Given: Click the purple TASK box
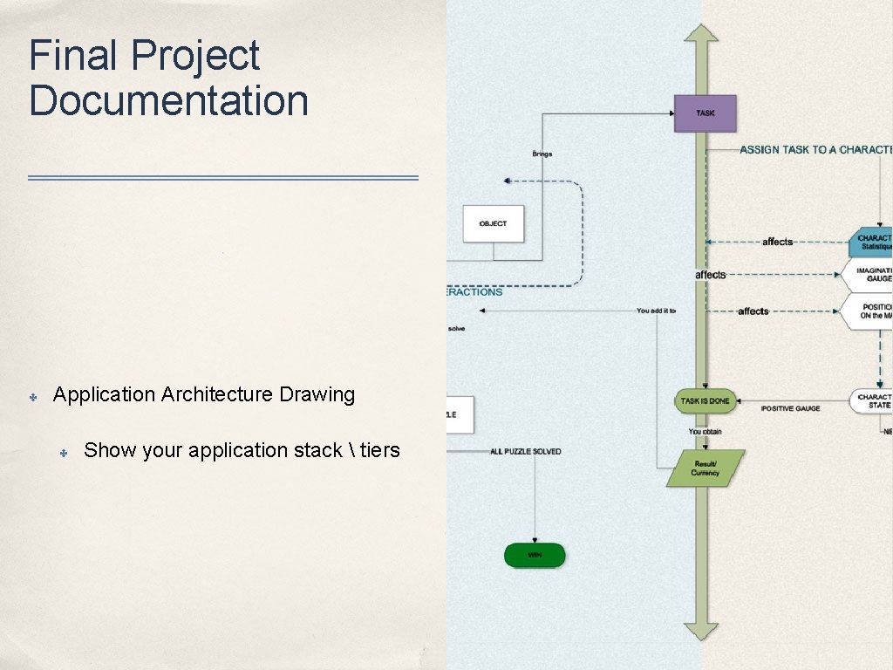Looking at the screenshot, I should (x=705, y=113).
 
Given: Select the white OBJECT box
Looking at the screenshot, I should (x=493, y=223).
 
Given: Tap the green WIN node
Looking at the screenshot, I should (x=534, y=555).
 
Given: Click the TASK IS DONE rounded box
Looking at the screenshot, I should (x=705, y=401).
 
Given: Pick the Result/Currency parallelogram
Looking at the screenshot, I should (x=705, y=468).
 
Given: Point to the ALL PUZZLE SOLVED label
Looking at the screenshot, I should (x=525, y=451).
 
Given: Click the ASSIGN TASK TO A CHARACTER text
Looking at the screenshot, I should (x=815, y=150).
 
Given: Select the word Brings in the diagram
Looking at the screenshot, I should (x=542, y=154).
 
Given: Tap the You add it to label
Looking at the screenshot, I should (x=656, y=311).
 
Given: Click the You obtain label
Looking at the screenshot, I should (x=705, y=432).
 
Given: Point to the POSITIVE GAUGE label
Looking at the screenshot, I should (x=790, y=408).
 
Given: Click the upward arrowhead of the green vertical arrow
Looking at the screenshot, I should (x=700, y=32).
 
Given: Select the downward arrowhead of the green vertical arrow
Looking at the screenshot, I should (x=700, y=630).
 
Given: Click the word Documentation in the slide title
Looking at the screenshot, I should (x=169, y=100).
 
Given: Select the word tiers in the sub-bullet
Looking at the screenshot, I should (x=379, y=450).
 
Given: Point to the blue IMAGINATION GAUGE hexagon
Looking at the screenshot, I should (x=869, y=275).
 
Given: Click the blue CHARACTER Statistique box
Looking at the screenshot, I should (x=871, y=242).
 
